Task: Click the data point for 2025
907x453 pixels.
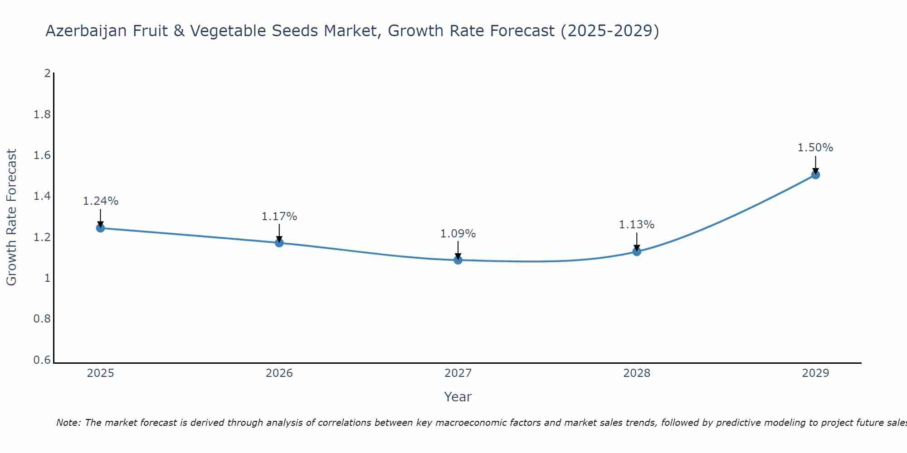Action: coord(101,228)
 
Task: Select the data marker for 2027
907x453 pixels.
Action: coord(458,260)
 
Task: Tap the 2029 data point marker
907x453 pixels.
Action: coord(815,175)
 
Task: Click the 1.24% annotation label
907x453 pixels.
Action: coord(101,201)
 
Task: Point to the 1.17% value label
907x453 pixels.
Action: coord(279,217)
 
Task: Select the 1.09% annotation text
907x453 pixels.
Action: coord(458,234)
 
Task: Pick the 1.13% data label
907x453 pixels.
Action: coord(637,225)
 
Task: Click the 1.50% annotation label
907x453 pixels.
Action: coord(815,148)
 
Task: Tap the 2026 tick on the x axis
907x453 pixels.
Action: coord(279,373)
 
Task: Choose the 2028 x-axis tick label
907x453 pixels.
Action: coord(637,373)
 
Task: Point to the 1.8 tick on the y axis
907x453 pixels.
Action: coord(42,115)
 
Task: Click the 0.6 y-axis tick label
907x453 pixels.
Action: coord(42,360)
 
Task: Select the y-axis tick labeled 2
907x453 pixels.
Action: coord(47,73)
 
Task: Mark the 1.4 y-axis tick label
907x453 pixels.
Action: coord(42,196)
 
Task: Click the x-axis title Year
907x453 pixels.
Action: coord(458,397)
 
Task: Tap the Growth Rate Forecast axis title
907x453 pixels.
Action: coord(12,217)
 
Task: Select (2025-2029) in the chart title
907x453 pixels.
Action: coord(610,31)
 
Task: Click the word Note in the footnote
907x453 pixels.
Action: coord(68,423)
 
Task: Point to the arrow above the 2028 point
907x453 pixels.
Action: coord(637,241)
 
